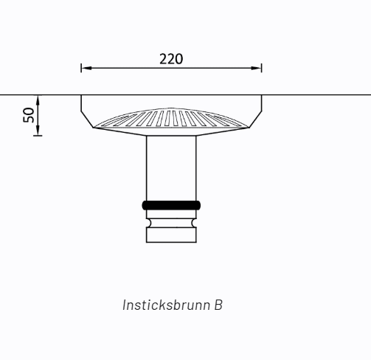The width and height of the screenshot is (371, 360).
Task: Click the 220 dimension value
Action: click(x=171, y=59)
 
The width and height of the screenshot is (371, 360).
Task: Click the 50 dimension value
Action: click(x=29, y=115)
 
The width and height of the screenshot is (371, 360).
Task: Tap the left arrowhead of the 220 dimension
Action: click(x=86, y=68)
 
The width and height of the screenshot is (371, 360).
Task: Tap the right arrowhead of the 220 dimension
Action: click(x=256, y=68)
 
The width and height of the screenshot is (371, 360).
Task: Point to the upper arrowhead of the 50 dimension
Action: click(x=38, y=100)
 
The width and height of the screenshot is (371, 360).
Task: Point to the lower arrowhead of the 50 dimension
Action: click(x=38, y=131)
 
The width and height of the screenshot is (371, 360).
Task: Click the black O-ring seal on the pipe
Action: click(x=171, y=205)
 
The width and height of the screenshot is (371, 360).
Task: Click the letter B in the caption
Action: click(x=218, y=305)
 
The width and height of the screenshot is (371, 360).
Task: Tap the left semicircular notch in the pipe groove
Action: click(x=149, y=223)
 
